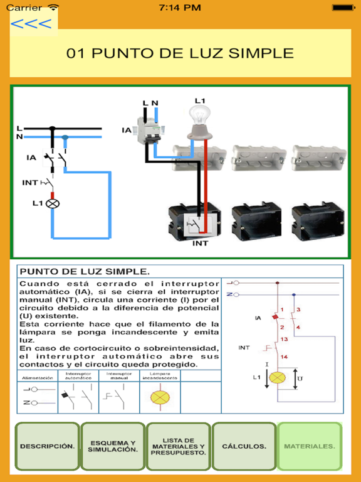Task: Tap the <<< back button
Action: pos(31,24)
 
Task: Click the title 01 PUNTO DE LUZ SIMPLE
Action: pos(180,53)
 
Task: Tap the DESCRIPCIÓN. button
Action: pos(47,446)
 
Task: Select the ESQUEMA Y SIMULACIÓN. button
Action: pos(112,446)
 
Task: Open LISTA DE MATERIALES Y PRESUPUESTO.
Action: pos(178,446)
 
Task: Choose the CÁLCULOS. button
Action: pos(244,446)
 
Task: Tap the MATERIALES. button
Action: pos(310,446)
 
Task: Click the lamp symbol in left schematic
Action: pos(53,203)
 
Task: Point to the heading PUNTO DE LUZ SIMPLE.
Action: pos(85,272)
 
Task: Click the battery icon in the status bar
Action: pos(343,8)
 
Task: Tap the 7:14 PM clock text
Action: pos(180,8)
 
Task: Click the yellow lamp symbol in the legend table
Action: pos(161,397)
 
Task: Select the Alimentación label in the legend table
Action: pos(37,378)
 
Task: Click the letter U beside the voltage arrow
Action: pos(299,379)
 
